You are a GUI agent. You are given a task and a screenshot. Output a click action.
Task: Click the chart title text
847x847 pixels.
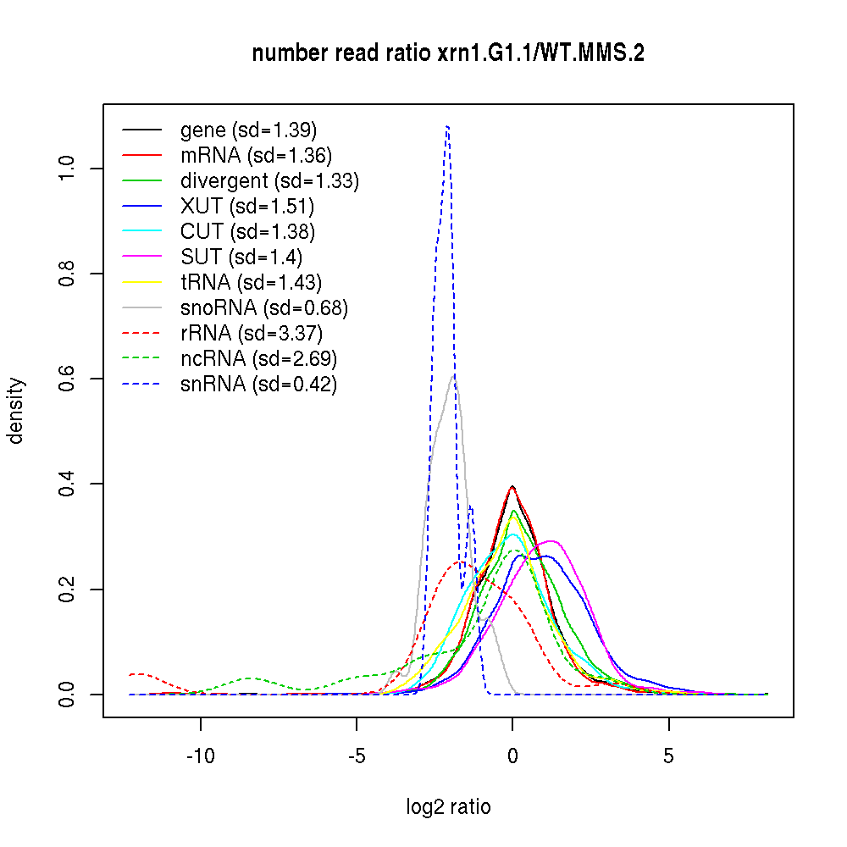448,53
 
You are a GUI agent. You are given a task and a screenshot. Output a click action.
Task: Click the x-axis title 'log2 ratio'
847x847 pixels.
448,806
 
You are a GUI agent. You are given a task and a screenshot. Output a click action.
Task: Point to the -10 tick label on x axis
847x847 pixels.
201,754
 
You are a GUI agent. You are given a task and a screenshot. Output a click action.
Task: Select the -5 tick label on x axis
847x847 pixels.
357,754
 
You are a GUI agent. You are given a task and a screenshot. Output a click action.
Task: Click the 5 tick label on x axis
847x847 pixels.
669,754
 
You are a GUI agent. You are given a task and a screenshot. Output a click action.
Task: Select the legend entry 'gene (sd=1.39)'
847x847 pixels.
248,130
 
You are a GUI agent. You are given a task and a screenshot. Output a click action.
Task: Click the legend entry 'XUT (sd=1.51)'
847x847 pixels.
246,206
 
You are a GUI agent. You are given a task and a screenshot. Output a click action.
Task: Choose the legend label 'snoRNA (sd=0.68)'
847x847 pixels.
263,307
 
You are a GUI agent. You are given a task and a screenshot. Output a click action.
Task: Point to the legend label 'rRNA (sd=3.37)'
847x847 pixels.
252,333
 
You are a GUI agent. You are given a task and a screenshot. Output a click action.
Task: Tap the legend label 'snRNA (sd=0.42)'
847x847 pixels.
258,385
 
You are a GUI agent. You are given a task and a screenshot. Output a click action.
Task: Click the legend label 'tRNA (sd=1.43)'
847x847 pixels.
251,282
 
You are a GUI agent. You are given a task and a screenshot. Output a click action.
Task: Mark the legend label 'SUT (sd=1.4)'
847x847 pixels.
241,257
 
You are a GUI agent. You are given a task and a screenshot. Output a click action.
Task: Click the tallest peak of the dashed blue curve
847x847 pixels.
447,126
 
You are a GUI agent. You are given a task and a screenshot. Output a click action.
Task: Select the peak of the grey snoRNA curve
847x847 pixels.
454,376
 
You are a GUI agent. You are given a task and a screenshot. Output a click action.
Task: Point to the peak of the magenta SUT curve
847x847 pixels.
551,540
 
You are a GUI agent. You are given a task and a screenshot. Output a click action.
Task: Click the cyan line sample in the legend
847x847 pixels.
141,231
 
